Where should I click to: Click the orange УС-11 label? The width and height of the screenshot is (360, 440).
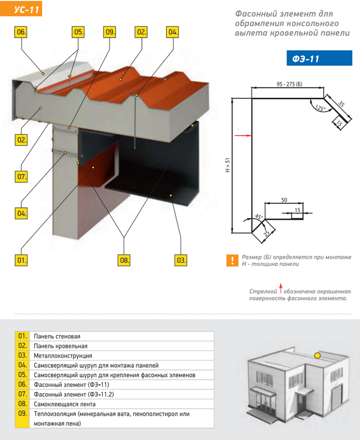pyautogui.click(x=21, y=9)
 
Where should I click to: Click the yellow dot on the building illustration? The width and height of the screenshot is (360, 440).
pyautogui.click(x=317, y=355)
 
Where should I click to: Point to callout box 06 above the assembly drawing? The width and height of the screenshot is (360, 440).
pyautogui.click(x=21, y=32)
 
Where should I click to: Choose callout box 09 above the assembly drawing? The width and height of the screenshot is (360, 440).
pyautogui.click(x=110, y=32)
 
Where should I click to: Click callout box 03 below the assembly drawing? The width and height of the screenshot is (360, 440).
pyautogui.click(x=181, y=260)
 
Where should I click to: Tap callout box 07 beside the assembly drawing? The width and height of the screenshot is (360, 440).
pyautogui.click(x=21, y=177)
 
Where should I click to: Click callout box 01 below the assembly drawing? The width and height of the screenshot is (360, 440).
pyautogui.click(x=21, y=260)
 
